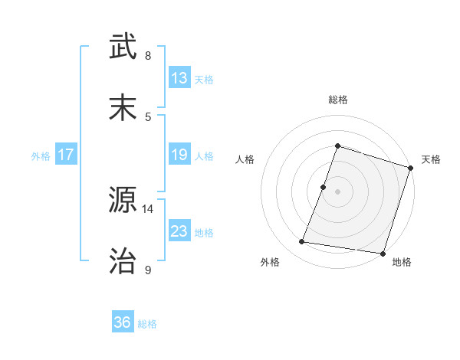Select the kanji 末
click(125, 107)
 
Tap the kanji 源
click(125, 201)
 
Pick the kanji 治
click(125, 260)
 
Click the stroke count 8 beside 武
click(148, 56)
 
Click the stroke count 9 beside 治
click(148, 270)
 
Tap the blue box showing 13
click(179, 78)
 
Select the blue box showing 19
click(179, 155)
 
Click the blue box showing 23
click(179, 231)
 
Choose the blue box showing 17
click(66, 155)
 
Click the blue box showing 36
click(123, 323)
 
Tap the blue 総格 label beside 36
click(148, 324)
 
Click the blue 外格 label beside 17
click(41, 156)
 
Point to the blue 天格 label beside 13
click(204, 79)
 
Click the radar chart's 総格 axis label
click(337, 100)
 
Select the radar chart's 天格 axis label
click(431, 159)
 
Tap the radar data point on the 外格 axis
click(302, 242)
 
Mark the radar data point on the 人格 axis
click(324, 187)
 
